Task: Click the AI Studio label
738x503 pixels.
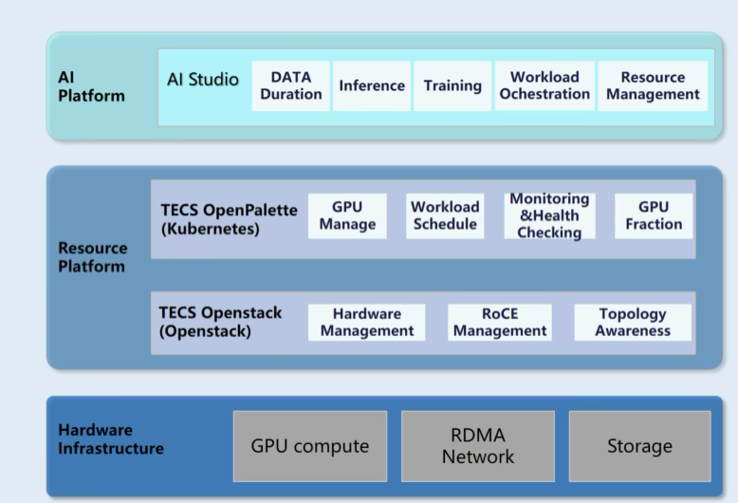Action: click(203, 79)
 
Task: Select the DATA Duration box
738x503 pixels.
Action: click(290, 85)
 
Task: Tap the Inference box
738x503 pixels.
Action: click(372, 85)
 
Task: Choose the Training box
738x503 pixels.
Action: click(452, 85)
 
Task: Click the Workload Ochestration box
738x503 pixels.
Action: click(544, 85)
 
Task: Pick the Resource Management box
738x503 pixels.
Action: click(653, 85)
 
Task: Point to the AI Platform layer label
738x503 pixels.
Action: click(90, 86)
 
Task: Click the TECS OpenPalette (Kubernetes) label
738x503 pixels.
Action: click(229, 218)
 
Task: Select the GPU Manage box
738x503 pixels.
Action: click(347, 215)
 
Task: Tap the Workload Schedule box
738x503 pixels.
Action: click(445, 215)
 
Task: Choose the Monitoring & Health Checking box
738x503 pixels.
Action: click(549, 215)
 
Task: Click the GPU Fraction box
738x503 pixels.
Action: click(654, 215)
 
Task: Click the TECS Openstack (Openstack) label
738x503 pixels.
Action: click(220, 322)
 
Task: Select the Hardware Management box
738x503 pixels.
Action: click(367, 322)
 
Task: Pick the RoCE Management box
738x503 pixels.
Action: click(500, 322)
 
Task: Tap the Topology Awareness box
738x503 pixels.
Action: click(633, 322)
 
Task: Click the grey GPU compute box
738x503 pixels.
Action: click(310, 446)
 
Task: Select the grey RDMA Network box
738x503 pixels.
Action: click(478, 446)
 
